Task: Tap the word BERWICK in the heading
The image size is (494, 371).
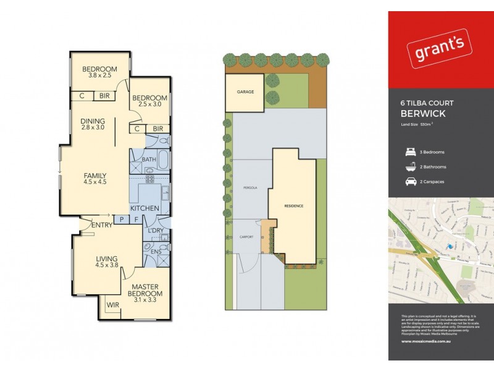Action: [423, 114]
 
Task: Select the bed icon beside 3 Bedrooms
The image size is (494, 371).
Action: [409, 151]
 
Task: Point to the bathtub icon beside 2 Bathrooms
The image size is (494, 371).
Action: [409, 166]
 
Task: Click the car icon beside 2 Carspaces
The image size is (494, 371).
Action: [409, 182]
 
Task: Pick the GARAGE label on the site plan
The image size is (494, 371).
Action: [245, 92]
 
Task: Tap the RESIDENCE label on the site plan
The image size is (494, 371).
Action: [294, 205]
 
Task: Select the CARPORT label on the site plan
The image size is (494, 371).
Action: [246, 237]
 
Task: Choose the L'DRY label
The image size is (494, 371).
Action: [155, 230]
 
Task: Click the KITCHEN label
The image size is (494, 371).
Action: [146, 208]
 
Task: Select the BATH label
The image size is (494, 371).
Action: [149, 160]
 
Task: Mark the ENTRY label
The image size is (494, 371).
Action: [101, 224]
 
